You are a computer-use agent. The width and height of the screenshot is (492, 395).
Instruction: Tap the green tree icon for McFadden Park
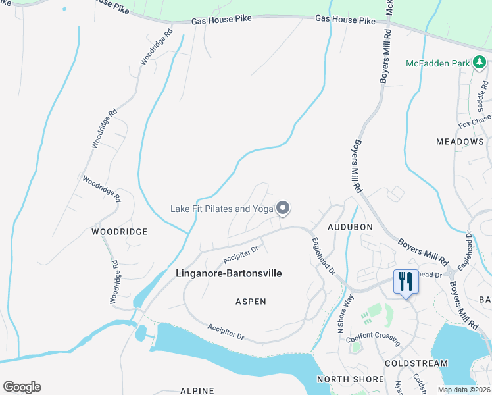click(x=480, y=63)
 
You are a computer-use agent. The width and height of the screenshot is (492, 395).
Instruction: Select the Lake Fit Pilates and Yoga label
click(x=221, y=209)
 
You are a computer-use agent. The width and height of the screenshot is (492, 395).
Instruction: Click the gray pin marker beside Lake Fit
click(x=283, y=208)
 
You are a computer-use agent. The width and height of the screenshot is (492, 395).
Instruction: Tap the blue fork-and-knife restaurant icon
click(x=405, y=282)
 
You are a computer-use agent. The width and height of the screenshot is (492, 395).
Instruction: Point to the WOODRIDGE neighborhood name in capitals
click(x=119, y=232)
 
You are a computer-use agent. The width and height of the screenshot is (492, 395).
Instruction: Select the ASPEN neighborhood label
click(x=251, y=302)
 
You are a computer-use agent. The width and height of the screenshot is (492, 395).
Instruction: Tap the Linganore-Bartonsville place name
click(x=230, y=274)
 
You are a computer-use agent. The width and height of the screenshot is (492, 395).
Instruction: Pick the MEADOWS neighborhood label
click(x=460, y=142)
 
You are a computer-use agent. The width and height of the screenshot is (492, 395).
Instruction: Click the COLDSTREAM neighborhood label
click(x=416, y=363)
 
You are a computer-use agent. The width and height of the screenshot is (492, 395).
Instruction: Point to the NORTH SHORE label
click(x=350, y=379)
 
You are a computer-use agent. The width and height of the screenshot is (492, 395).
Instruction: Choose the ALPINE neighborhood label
click(x=197, y=390)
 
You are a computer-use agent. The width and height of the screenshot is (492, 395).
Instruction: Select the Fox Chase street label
click(x=474, y=122)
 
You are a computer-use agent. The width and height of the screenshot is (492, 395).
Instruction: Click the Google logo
click(x=22, y=387)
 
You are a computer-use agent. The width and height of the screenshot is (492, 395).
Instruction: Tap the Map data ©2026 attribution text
click(x=464, y=390)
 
